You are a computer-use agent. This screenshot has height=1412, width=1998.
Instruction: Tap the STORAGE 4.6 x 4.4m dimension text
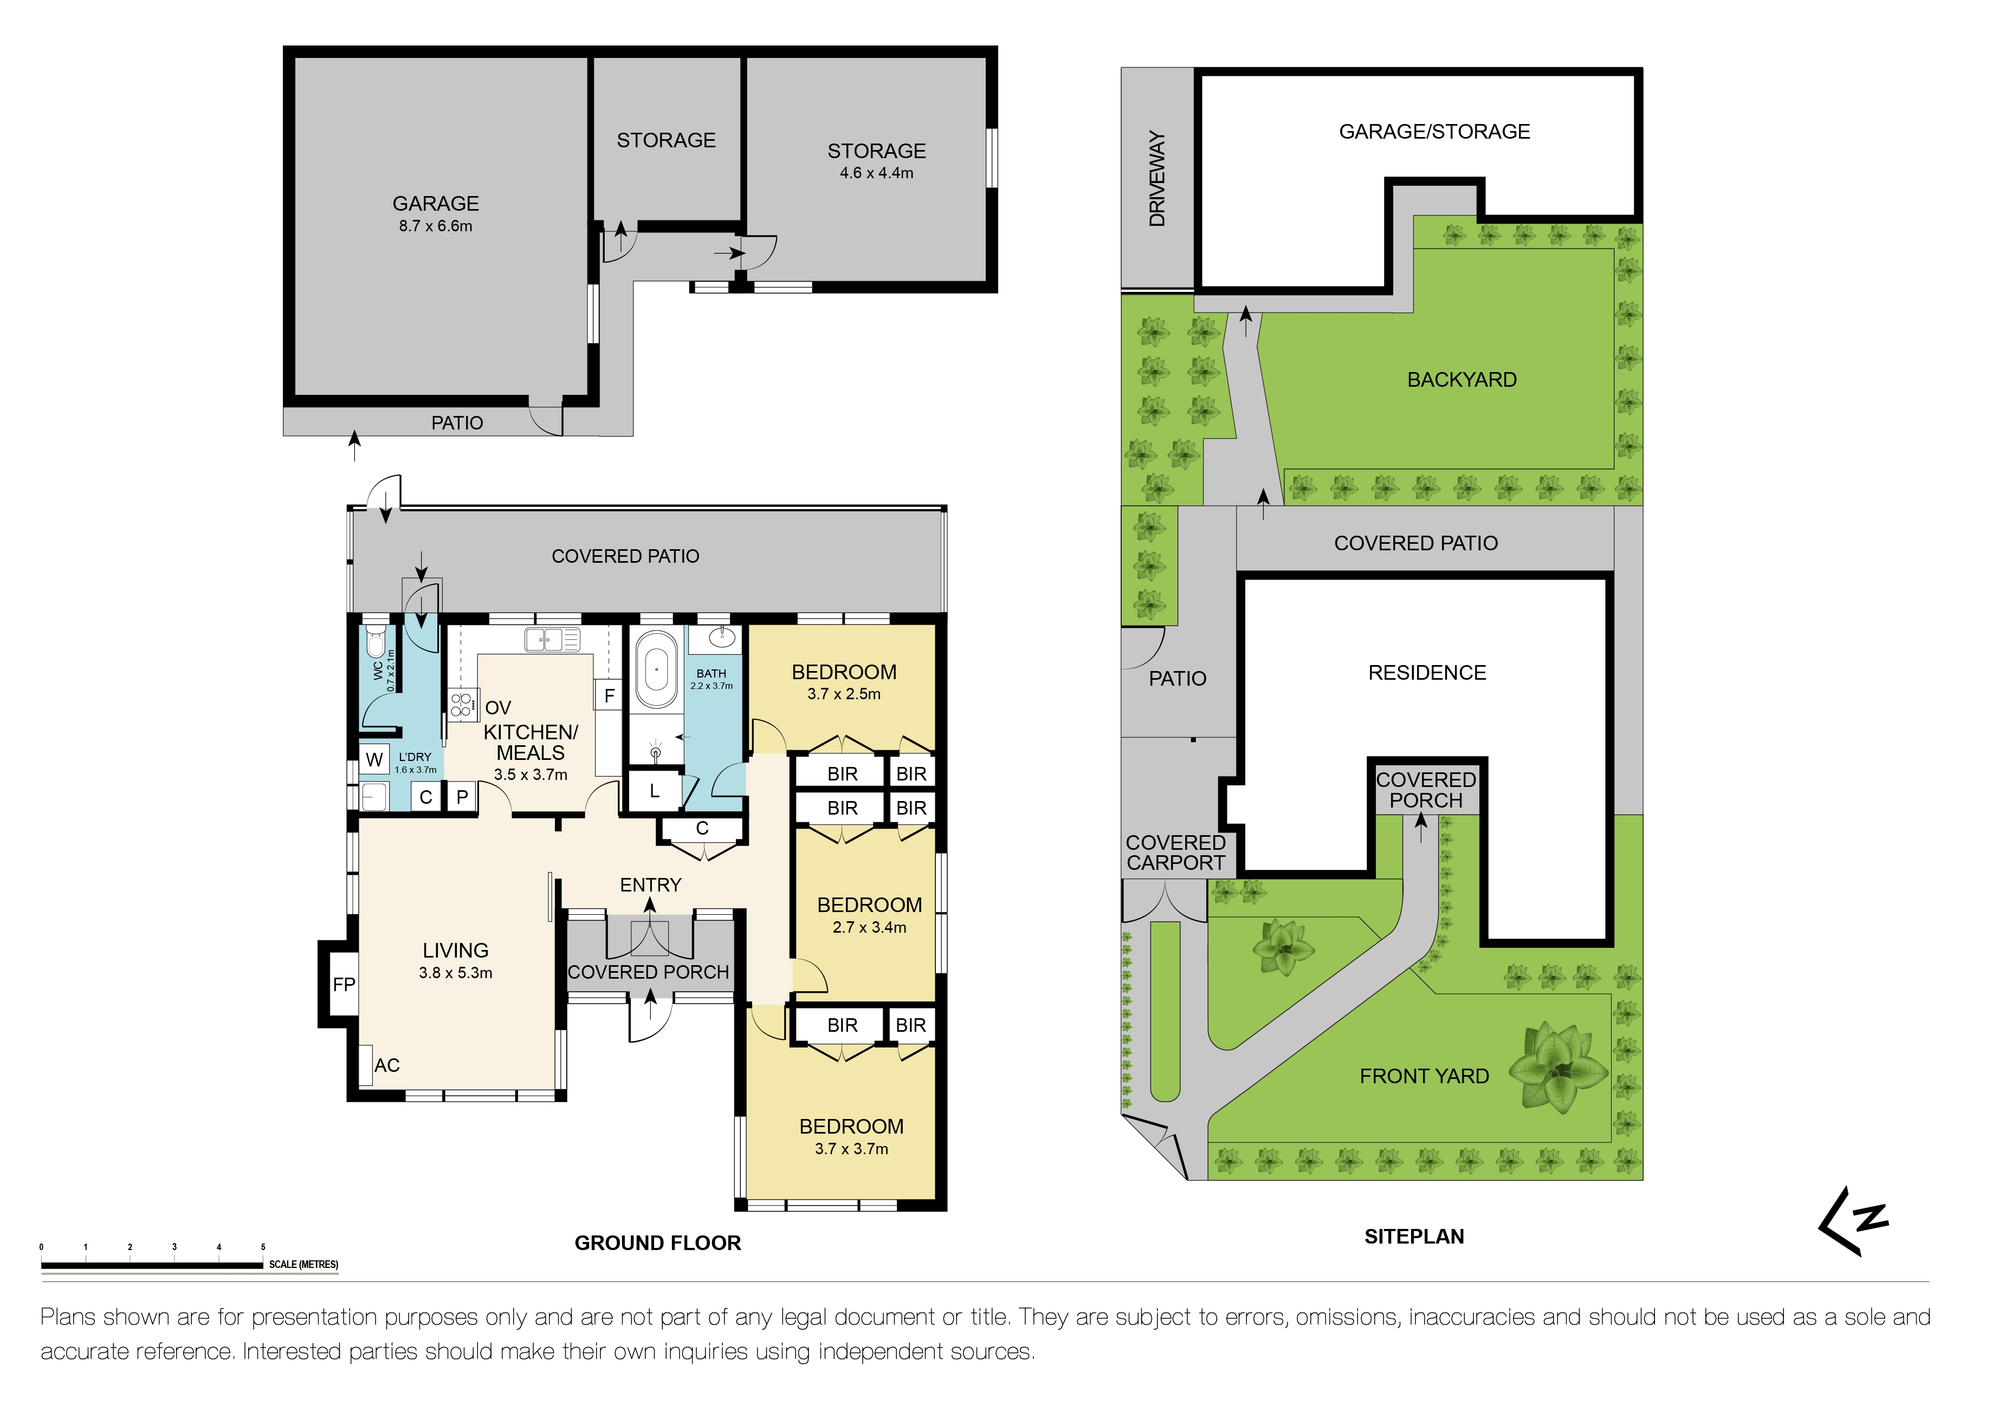pyautogui.click(x=876, y=173)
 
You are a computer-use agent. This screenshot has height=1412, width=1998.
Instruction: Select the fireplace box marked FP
pyautogui.click(x=344, y=984)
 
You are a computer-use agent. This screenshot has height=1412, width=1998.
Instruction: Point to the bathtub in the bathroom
pyautogui.click(x=656, y=670)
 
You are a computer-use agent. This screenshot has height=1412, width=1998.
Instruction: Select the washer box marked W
pyautogui.click(x=374, y=759)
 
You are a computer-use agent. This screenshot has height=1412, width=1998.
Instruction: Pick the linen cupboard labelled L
pyautogui.click(x=655, y=791)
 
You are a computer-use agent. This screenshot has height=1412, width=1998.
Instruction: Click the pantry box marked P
pyautogui.click(x=462, y=796)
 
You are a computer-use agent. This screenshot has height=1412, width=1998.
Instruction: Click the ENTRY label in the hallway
pyautogui.click(x=650, y=885)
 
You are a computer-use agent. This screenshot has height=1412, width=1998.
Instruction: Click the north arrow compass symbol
pyautogui.click(x=1853, y=1221)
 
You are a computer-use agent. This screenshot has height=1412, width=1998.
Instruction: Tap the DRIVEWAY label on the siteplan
pyautogui.click(x=1156, y=178)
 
